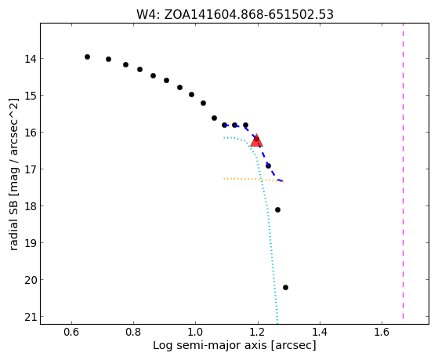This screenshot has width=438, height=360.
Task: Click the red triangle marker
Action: click(x=256, y=140)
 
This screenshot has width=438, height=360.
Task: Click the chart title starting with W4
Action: click(x=235, y=15)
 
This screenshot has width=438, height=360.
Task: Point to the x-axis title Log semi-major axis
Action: click(x=234, y=345)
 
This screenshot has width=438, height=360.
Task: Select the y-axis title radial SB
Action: click(x=13, y=174)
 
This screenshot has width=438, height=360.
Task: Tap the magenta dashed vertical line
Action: click(x=403, y=171)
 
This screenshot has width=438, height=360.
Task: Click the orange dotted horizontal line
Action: click(x=253, y=180)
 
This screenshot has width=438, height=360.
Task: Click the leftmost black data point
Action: click(x=87, y=56)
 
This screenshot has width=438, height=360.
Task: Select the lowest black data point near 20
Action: click(x=285, y=287)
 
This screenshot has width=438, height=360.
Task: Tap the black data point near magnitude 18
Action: click(x=277, y=209)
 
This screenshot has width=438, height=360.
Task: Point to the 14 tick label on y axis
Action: click(x=30, y=59)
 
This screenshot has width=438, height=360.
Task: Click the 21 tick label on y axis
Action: click(x=30, y=316)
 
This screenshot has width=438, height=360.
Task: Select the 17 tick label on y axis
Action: click(x=30, y=169)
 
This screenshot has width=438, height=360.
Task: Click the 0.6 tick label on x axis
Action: click(x=71, y=332)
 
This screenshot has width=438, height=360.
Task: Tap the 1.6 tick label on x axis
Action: click(x=382, y=332)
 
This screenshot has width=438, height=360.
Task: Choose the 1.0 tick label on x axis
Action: click(x=196, y=332)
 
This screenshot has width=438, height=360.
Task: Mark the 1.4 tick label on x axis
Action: click(x=320, y=332)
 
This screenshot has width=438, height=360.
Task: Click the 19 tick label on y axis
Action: click(x=30, y=243)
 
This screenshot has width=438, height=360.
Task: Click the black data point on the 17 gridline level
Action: click(x=268, y=165)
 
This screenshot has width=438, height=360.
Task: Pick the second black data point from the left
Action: click(x=108, y=59)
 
